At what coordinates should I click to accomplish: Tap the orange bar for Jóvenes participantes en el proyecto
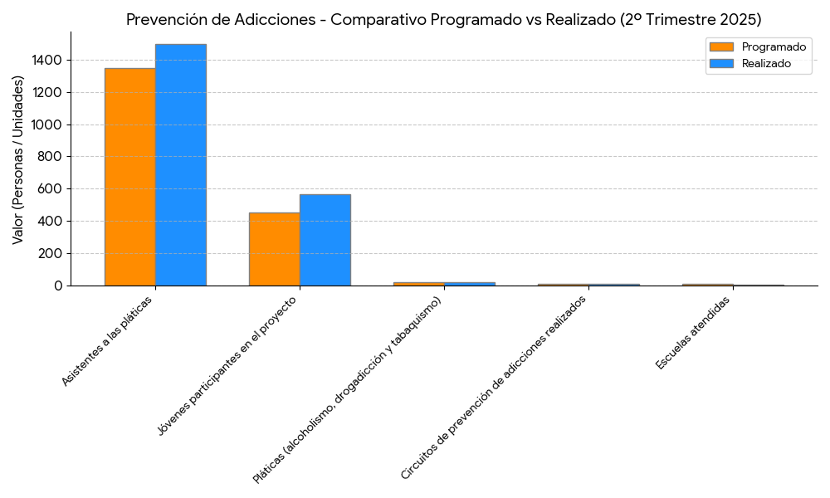point(274,249)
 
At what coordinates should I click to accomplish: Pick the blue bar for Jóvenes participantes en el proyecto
point(325,240)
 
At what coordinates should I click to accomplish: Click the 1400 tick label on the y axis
point(47,60)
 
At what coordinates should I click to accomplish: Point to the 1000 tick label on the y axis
point(47,124)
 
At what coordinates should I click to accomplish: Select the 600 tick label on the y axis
point(51,188)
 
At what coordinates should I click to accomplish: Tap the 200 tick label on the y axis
point(51,253)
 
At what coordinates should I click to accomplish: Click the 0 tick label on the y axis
point(58,286)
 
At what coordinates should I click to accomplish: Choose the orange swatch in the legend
point(721,47)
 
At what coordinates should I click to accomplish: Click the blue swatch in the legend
point(721,63)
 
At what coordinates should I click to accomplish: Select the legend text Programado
point(774,47)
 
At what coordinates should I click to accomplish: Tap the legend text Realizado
point(766,63)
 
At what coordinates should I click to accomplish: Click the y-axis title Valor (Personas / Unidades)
point(18,159)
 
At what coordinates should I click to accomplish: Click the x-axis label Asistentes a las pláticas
point(106,341)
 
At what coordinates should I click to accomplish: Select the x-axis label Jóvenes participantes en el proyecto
point(227,365)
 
